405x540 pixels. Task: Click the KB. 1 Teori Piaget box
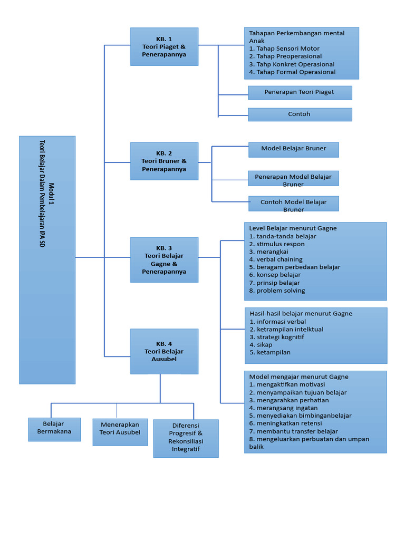click(164, 46)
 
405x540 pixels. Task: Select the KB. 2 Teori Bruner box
click(164, 161)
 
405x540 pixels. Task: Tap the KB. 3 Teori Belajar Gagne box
click(164, 259)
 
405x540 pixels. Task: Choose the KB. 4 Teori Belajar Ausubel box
click(164, 351)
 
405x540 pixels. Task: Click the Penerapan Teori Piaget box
click(300, 92)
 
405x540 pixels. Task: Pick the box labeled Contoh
click(300, 114)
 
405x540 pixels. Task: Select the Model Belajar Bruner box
click(293, 149)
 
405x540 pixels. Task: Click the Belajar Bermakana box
click(54, 429)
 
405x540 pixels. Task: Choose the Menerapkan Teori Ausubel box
click(120, 432)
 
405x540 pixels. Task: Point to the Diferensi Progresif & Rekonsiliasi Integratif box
click(186, 438)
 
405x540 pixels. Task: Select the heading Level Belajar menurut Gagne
click(293, 228)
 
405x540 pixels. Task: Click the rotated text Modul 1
click(51, 194)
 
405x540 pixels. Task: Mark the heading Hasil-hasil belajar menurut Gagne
click(301, 314)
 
